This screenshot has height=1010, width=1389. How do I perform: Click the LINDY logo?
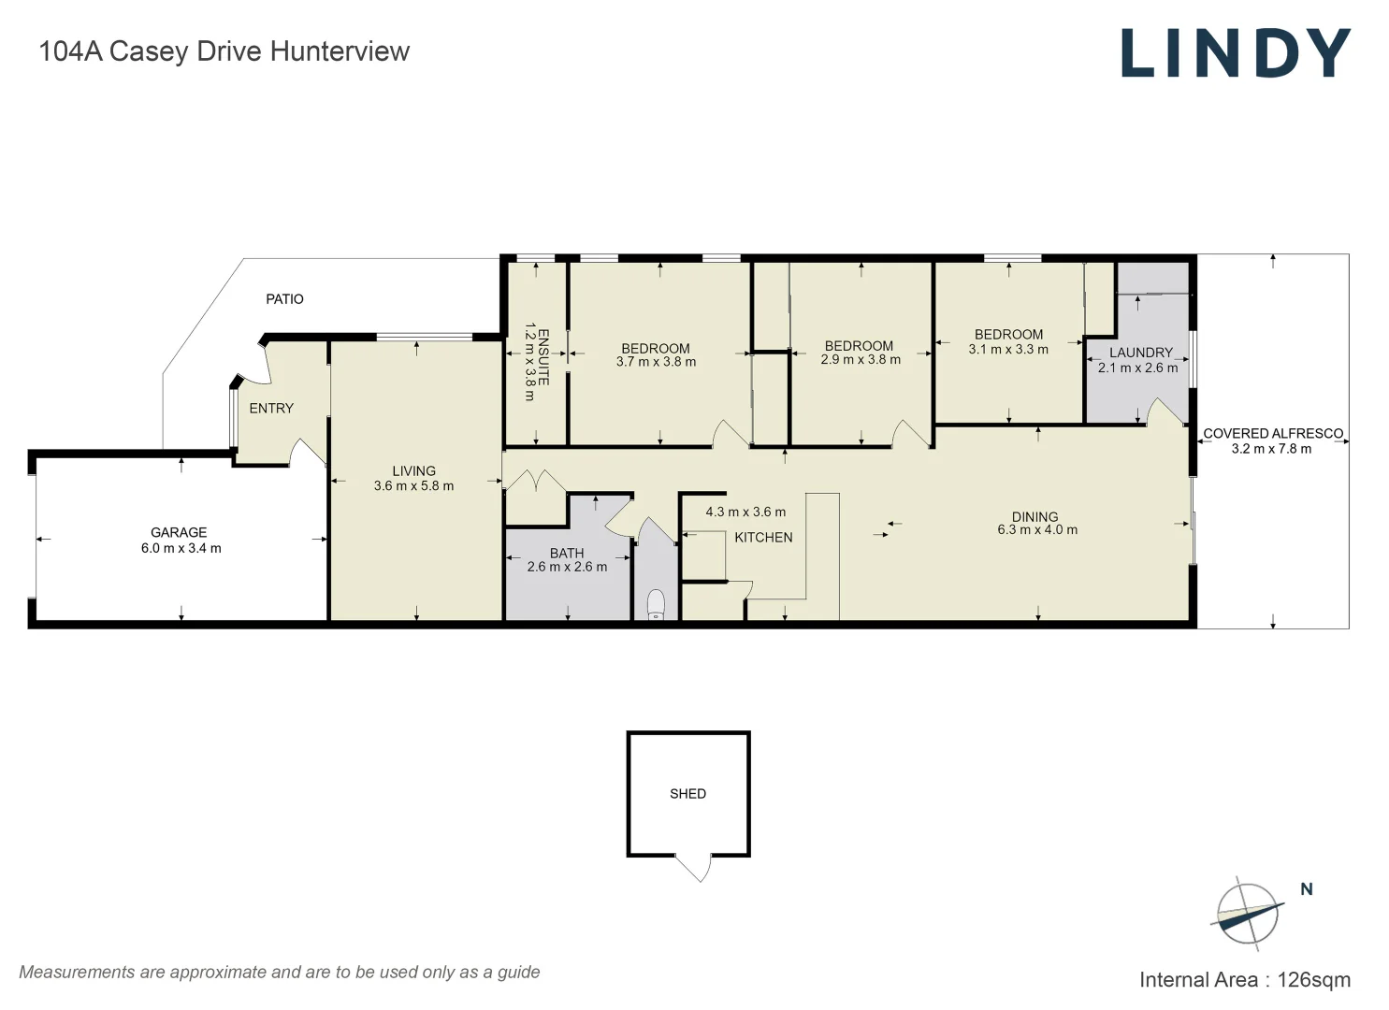tap(1236, 52)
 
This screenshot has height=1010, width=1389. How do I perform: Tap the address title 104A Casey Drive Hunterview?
tap(224, 51)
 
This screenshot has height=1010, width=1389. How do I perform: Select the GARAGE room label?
tap(179, 532)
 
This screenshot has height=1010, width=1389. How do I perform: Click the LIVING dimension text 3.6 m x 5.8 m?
tap(413, 486)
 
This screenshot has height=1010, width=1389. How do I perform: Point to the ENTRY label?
tap(271, 409)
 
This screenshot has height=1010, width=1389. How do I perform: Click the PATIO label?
tap(284, 299)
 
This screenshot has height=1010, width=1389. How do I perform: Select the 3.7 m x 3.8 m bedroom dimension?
tap(656, 363)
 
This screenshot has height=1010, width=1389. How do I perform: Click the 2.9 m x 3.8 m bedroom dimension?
tap(861, 360)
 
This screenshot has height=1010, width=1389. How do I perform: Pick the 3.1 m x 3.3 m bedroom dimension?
tap(1008, 350)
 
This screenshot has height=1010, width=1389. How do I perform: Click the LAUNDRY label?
tap(1140, 353)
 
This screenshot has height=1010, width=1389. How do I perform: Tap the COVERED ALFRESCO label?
tap(1272, 434)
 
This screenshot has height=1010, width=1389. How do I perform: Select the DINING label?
tap(1035, 516)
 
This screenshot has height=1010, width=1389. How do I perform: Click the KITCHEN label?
tap(763, 538)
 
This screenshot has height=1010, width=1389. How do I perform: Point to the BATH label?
tap(567, 553)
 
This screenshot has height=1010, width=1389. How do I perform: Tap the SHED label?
tap(687, 794)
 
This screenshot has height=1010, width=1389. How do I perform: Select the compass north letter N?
tap(1307, 889)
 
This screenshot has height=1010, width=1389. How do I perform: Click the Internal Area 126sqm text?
tap(1244, 980)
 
